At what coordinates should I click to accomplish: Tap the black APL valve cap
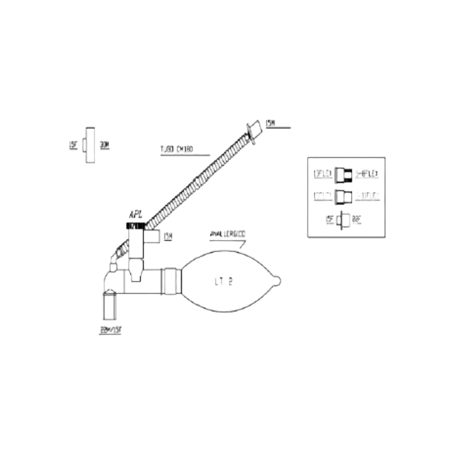click(x=135, y=225)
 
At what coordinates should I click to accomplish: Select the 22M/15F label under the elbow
click(x=111, y=330)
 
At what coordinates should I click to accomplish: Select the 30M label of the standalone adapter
click(x=104, y=145)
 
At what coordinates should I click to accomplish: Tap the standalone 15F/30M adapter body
click(x=89, y=145)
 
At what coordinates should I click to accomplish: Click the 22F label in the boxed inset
click(x=357, y=219)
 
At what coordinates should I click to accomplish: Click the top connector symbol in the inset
click(x=344, y=174)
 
